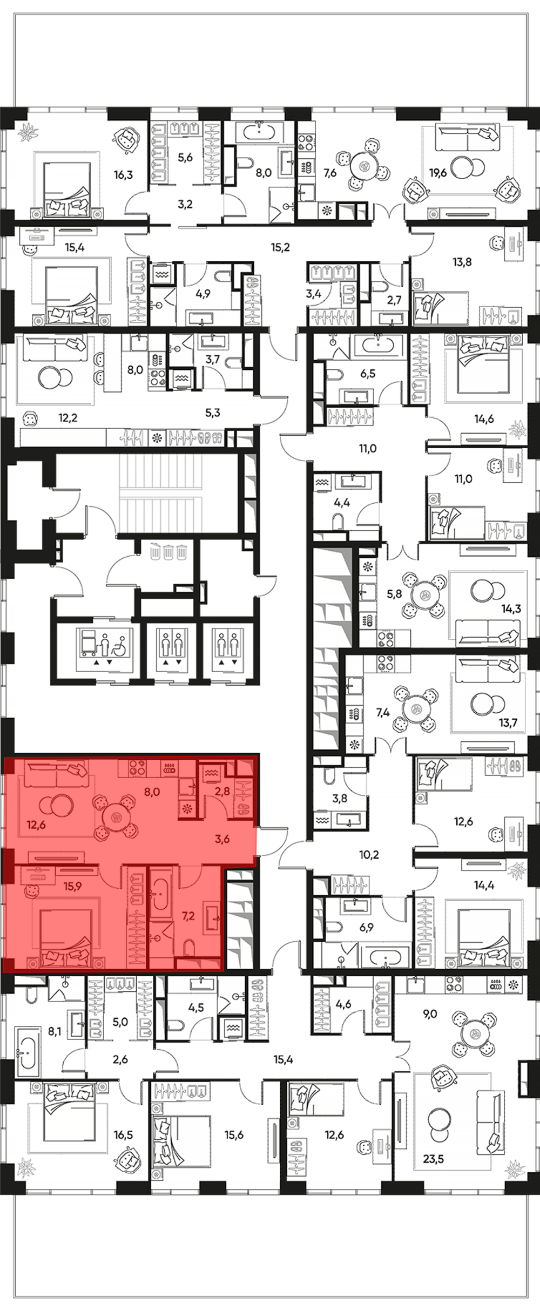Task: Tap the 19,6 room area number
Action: tap(438, 173)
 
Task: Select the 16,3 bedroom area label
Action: tap(123, 174)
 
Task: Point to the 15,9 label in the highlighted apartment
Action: tap(72, 886)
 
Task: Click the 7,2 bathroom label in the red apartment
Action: tap(188, 916)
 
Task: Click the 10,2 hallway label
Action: tap(369, 855)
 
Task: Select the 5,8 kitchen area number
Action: tap(394, 593)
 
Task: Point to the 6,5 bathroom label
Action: tap(368, 373)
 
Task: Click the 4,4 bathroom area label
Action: tap(342, 502)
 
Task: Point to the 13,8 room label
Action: tap(462, 262)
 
